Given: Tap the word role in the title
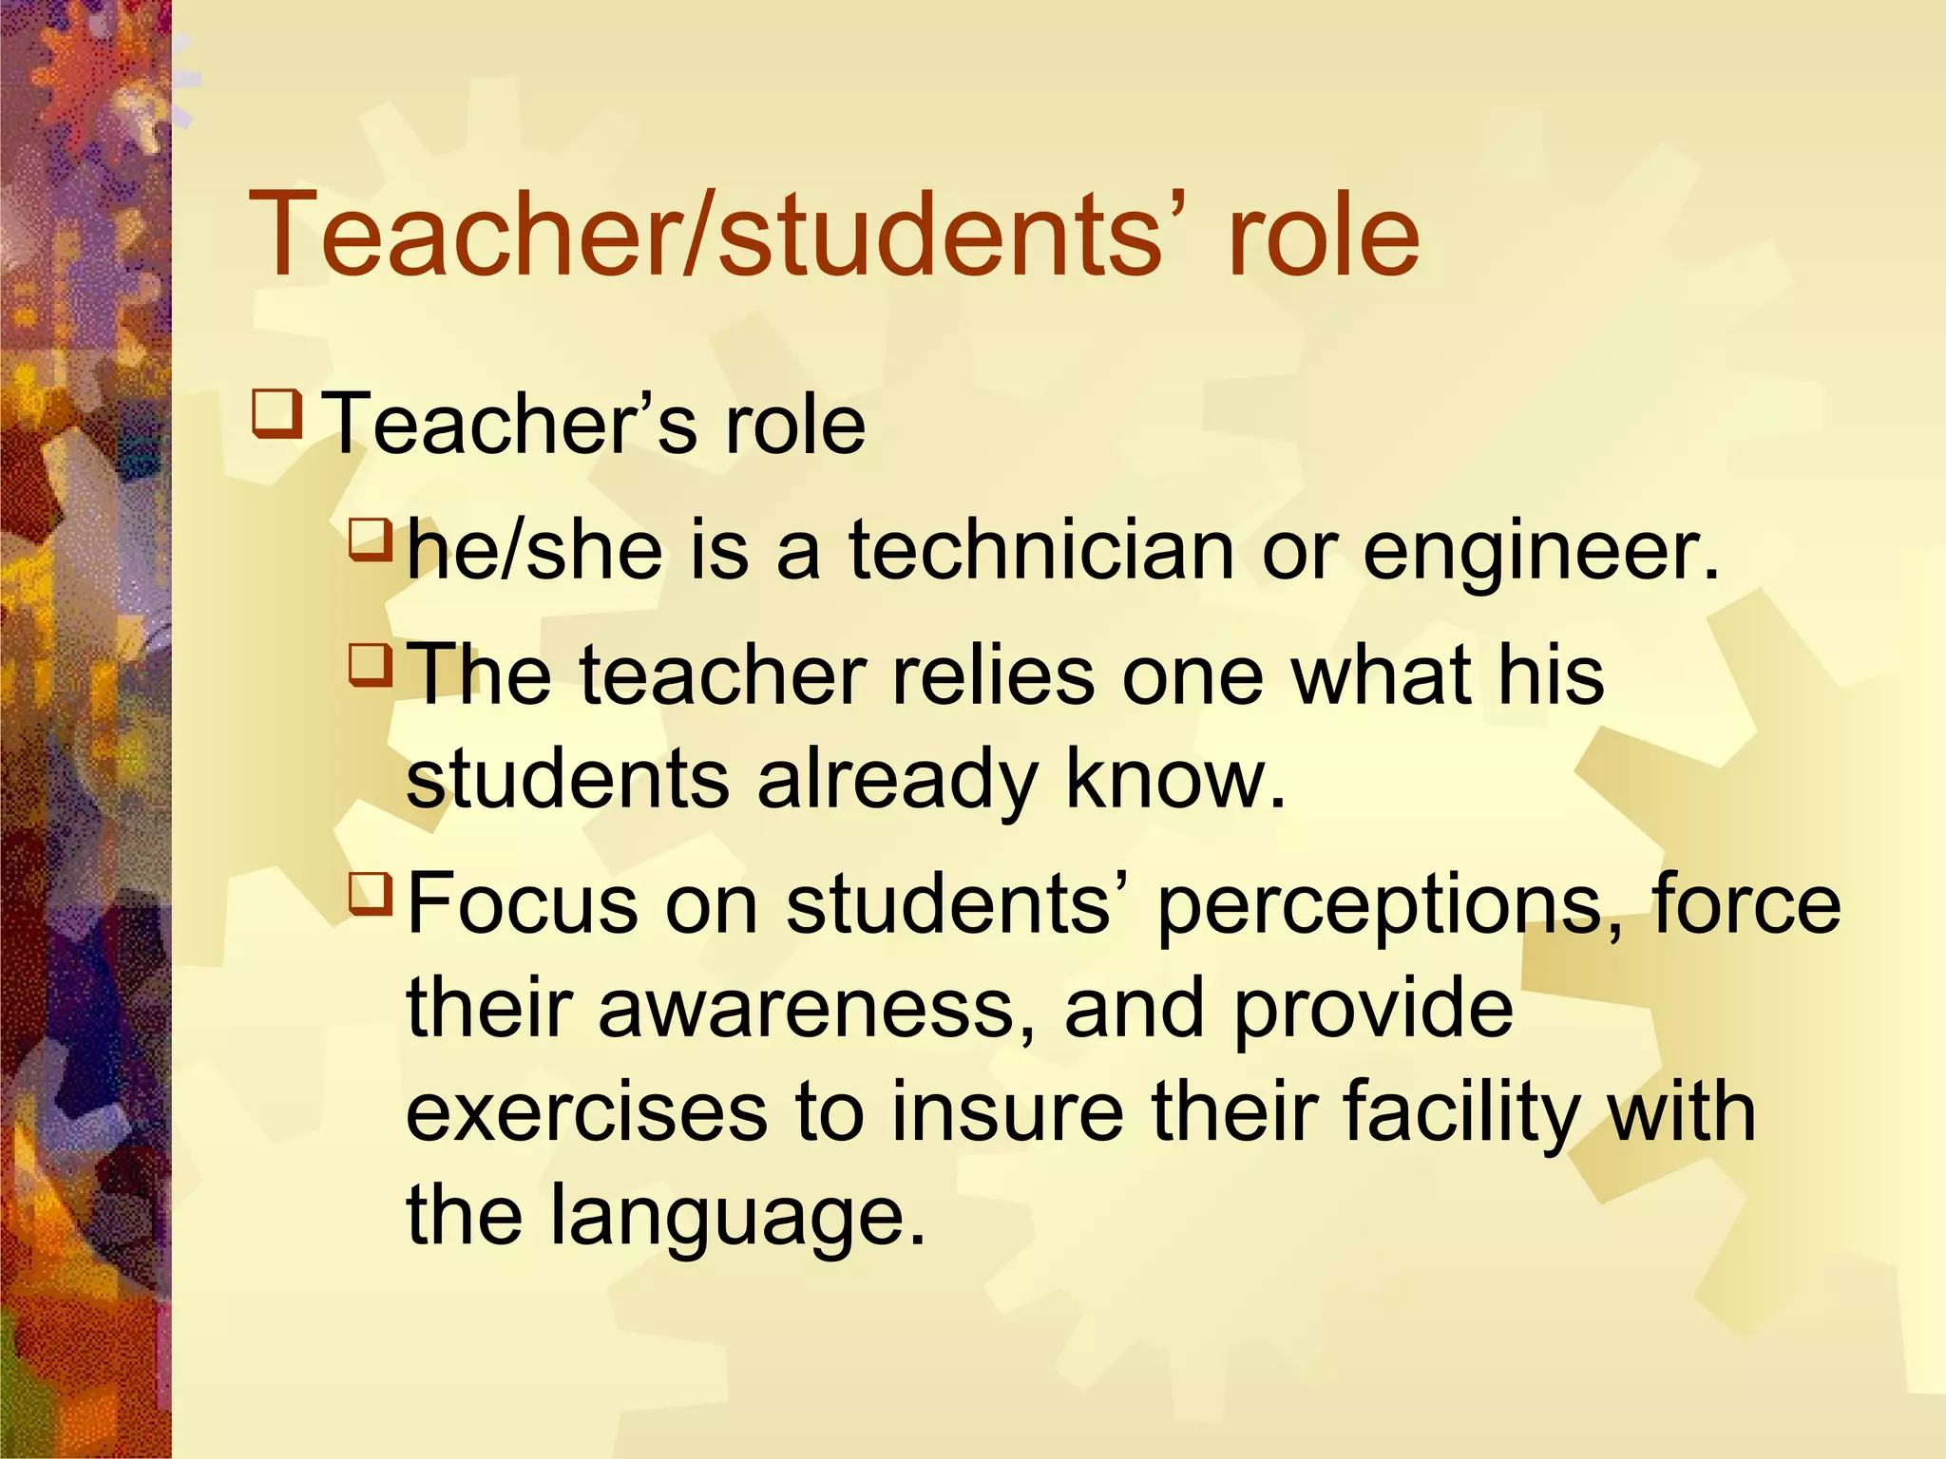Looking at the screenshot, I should coord(1324,236).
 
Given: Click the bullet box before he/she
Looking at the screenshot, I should coord(371,539).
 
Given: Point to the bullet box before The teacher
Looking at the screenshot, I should coord(371,664).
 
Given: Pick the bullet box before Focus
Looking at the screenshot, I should coord(371,894).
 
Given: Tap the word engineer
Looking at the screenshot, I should coord(1541,552).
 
